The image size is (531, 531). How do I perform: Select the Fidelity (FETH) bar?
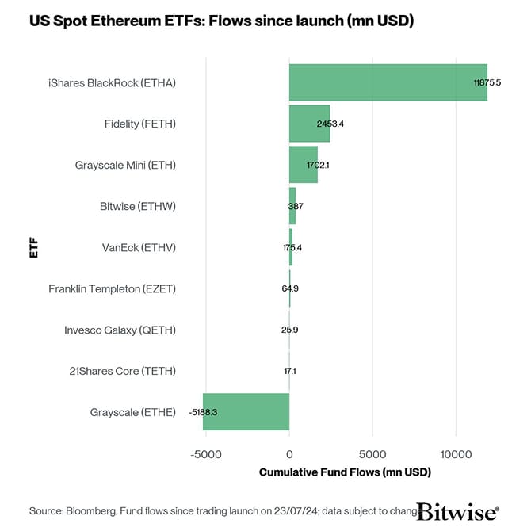(x=309, y=124)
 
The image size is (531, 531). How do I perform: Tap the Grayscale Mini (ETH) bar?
(x=303, y=165)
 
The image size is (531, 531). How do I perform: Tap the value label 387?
(x=296, y=207)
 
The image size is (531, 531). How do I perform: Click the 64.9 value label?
(x=290, y=289)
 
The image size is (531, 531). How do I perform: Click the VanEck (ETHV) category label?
(x=139, y=248)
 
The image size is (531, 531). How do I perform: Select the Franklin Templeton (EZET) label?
(x=112, y=289)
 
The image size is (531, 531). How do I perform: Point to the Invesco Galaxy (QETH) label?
(x=120, y=330)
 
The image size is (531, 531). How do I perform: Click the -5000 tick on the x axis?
(x=204, y=455)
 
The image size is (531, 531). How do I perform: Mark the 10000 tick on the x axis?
(x=456, y=455)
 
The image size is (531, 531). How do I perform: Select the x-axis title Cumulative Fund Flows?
(x=345, y=472)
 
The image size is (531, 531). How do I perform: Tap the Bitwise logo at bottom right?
(x=457, y=510)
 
